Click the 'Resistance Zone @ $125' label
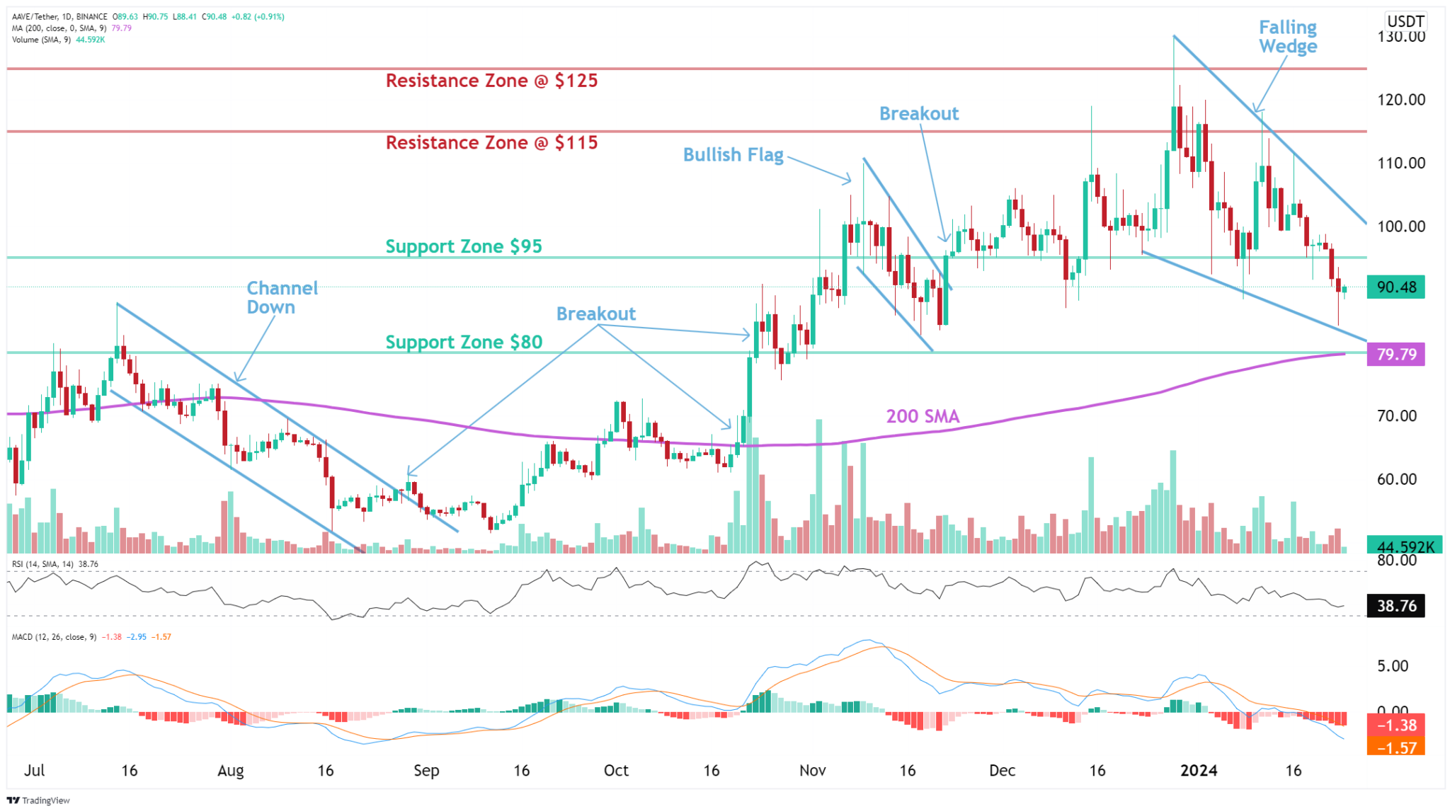coord(491,81)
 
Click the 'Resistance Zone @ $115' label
coord(491,143)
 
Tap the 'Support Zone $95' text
coord(464,246)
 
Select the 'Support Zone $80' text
coord(464,342)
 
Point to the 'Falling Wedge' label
coord(1287,37)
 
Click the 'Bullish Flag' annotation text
coord(733,155)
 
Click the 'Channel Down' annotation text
coord(282,297)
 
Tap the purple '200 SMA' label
coord(923,416)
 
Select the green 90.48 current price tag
coord(1395,287)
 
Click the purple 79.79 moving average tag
coord(1395,354)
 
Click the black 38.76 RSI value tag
coord(1395,606)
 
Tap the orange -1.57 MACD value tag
coord(1395,747)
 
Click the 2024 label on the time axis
coord(1199,771)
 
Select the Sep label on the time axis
coord(426,771)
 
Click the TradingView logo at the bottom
coord(39,801)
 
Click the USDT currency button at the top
coord(1405,21)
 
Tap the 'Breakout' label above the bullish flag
coord(918,114)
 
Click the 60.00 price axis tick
coord(1396,479)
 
